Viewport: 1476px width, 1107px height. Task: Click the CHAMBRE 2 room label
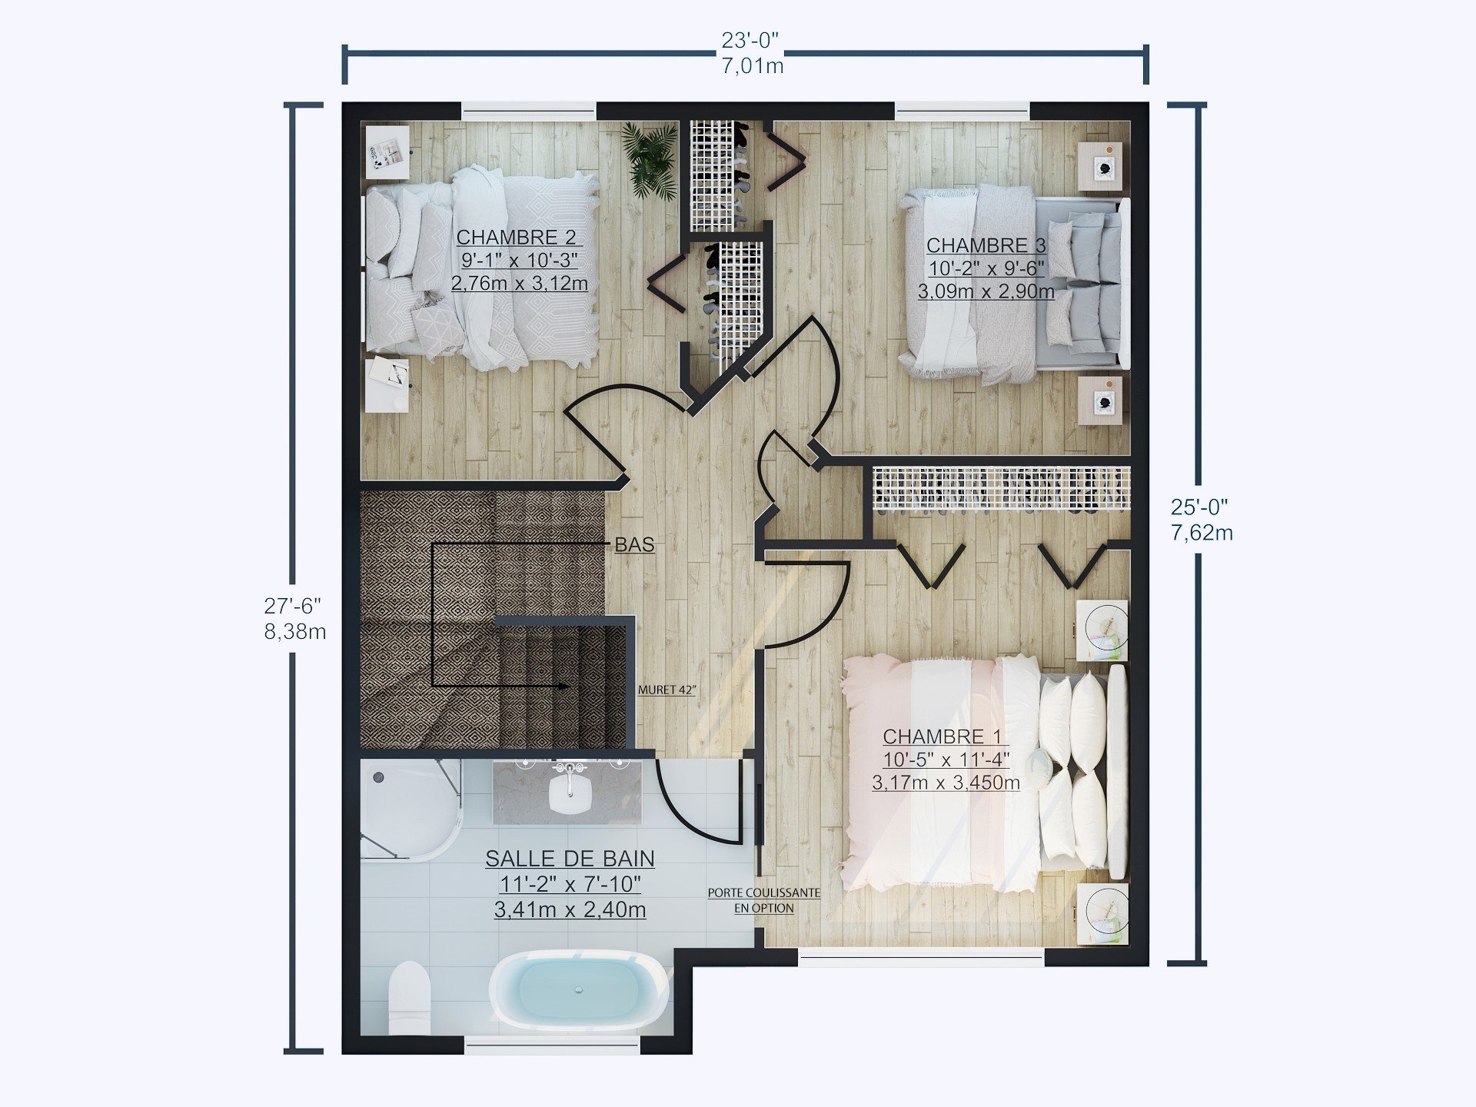tap(516, 237)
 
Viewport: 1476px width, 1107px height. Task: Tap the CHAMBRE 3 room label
tap(986, 245)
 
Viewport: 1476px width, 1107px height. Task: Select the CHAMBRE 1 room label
tap(942, 736)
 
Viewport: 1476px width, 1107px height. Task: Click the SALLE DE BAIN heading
tap(570, 859)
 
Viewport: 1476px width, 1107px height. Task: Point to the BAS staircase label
tap(634, 544)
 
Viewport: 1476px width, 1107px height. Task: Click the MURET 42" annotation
tap(667, 690)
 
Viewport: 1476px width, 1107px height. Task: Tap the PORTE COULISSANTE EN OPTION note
tap(763, 899)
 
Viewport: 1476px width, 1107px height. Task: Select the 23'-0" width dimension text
tap(750, 40)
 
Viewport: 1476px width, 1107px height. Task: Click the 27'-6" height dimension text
tap(293, 606)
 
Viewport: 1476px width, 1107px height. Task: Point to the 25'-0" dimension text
tap(1199, 507)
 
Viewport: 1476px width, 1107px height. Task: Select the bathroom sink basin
tap(569, 793)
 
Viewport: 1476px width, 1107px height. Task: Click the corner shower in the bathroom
tap(407, 807)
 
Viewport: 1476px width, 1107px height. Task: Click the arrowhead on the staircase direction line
tap(563, 685)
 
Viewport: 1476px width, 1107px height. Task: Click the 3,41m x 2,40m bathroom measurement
tap(570, 909)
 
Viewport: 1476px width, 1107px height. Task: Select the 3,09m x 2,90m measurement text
tap(986, 291)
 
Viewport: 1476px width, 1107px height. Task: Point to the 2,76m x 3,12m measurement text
tap(519, 283)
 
